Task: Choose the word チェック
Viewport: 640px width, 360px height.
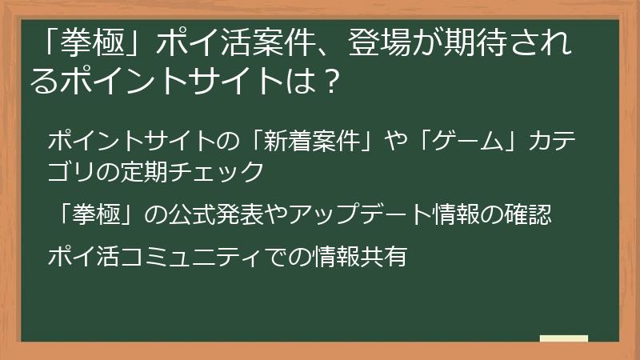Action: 224,170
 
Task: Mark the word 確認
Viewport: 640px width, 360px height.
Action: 530,214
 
